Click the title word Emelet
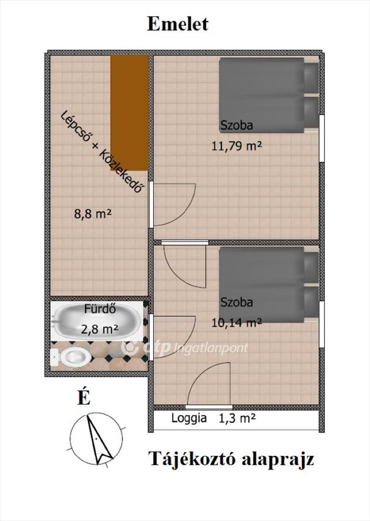pos(178,24)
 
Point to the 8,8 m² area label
pos(92,214)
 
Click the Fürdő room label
pos(100,309)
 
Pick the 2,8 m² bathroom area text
pos(100,329)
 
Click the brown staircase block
pos(129,113)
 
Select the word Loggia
pos(189,418)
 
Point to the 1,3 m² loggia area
pos(237,418)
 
